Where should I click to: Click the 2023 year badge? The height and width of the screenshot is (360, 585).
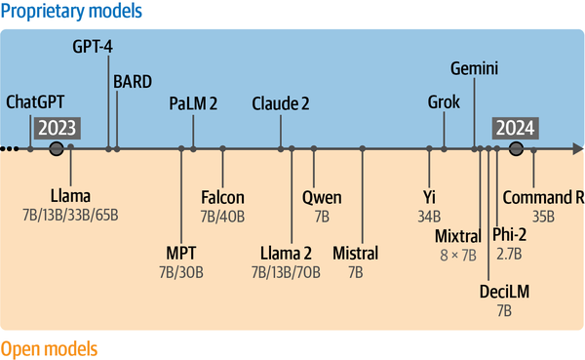click(x=58, y=129)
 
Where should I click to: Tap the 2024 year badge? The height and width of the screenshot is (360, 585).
click(x=516, y=129)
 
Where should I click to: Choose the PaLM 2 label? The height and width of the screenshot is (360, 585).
click(x=194, y=102)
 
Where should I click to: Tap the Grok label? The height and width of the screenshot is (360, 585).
click(x=445, y=102)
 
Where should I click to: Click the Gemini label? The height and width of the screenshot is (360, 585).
click(x=476, y=68)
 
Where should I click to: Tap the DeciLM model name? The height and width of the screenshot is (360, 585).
click(x=503, y=292)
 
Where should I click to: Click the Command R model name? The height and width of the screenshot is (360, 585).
click(x=543, y=197)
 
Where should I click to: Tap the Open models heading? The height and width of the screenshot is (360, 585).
click(x=49, y=348)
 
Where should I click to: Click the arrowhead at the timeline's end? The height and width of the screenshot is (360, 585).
click(x=577, y=149)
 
